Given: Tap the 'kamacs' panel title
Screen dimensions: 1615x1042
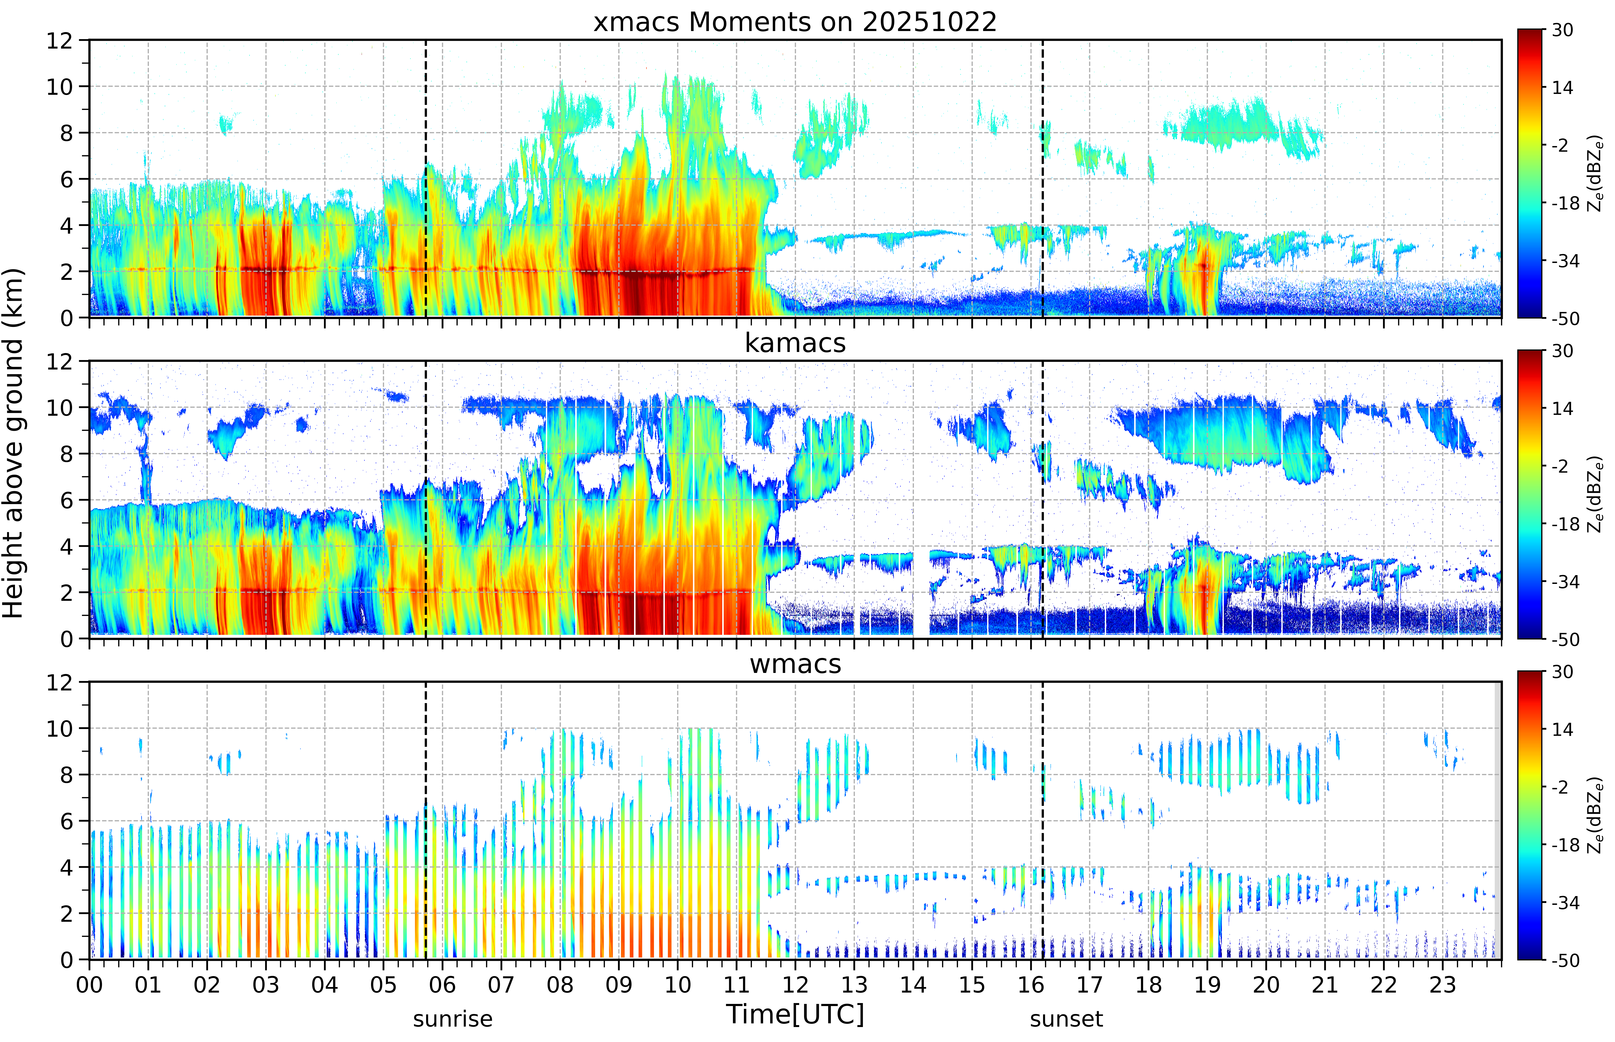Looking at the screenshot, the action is pyautogui.click(x=795, y=343).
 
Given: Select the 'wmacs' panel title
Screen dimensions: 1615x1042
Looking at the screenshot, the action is pyautogui.click(x=795, y=664).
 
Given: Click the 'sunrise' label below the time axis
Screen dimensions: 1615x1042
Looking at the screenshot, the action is pyautogui.click(x=453, y=1018).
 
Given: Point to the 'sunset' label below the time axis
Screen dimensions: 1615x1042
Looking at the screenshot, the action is pyautogui.click(x=1066, y=1018).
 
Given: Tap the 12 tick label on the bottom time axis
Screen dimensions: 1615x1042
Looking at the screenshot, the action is pyautogui.click(x=796, y=984).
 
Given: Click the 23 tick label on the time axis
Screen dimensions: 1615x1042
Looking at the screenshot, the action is pyautogui.click(x=1443, y=984).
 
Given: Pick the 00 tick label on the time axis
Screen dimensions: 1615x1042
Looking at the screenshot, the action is pyautogui.click(x=89, y=984).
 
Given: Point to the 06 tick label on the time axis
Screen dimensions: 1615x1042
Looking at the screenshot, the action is pyautogui.click(x=443, y=984).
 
